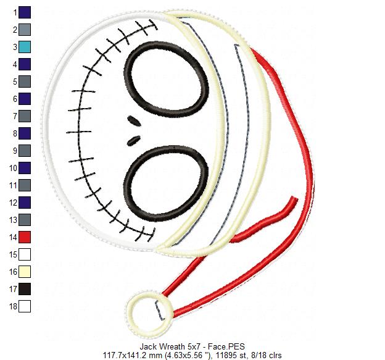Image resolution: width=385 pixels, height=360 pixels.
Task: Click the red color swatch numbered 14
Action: [x=25, y=237]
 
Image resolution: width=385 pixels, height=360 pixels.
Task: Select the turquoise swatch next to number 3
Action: [x=25, y=46]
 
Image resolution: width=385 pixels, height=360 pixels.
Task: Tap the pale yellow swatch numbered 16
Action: [x=25, y=271]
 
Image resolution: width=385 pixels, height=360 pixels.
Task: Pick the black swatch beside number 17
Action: [x=25, y=288]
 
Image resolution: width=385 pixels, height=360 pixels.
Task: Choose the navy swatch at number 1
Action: [x=25, y=12]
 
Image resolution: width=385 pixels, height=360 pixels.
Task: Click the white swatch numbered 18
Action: [x=25, y=306]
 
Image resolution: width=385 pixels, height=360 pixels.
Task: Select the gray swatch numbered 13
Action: [x=25, y=219]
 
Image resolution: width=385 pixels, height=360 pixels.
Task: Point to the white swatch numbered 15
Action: [x=25, y=254]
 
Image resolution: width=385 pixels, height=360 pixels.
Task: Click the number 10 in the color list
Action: [x=12, y=167]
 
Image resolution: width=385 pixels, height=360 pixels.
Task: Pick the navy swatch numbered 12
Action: [x=25, y=202]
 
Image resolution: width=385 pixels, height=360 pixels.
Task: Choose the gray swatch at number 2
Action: [x=25, y=29]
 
